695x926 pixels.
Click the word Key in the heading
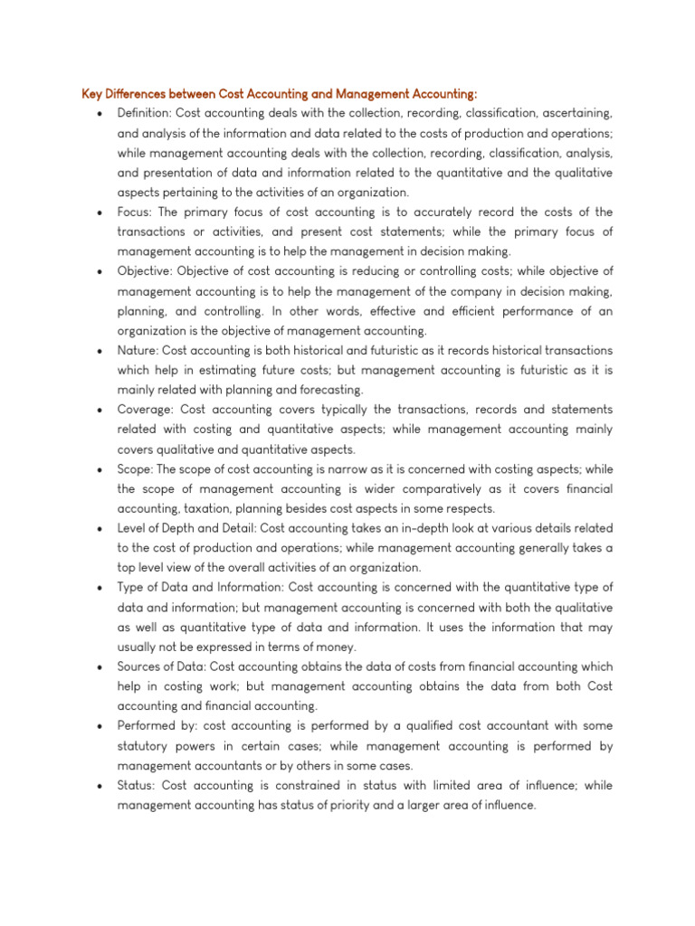coord(92,93)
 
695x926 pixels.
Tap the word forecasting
coord(330,390)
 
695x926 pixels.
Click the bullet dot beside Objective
coord(98,272)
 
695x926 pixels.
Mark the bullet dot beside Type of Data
coord(98,588)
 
